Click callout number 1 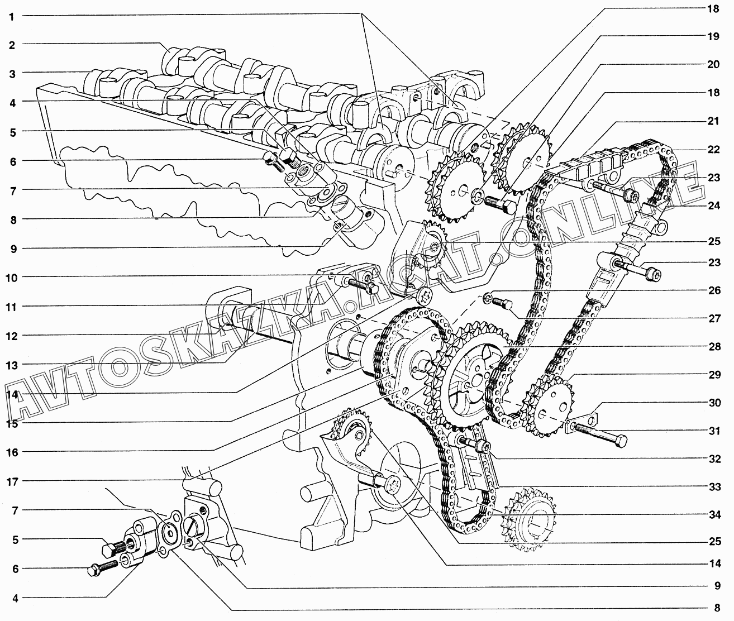(11, 17)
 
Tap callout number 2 (12, 45)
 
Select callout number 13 (12, 366)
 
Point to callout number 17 (12, 482)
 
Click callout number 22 (713, 150)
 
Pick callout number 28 (714, 347)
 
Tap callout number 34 (714, 514)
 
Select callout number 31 (714, 431)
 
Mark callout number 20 (713, 65)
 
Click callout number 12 (12, 336)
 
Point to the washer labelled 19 (476, 196)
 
